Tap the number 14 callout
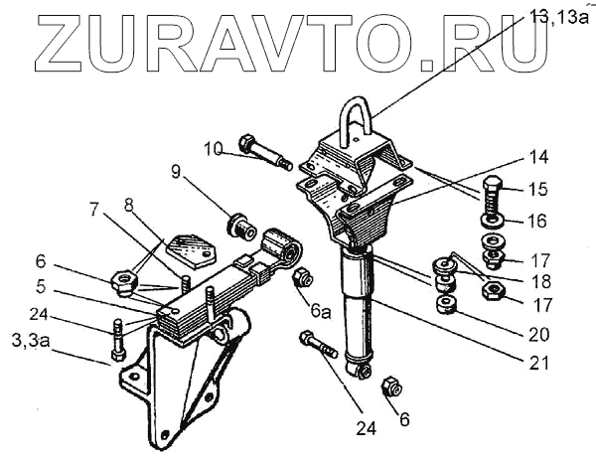click(537, 158)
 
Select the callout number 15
click(537, 189)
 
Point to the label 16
click(537, 220)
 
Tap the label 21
click(537, 363)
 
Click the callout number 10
click(214, 150)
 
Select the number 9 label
click(177, 171)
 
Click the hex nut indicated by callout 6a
click(302, 277)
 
